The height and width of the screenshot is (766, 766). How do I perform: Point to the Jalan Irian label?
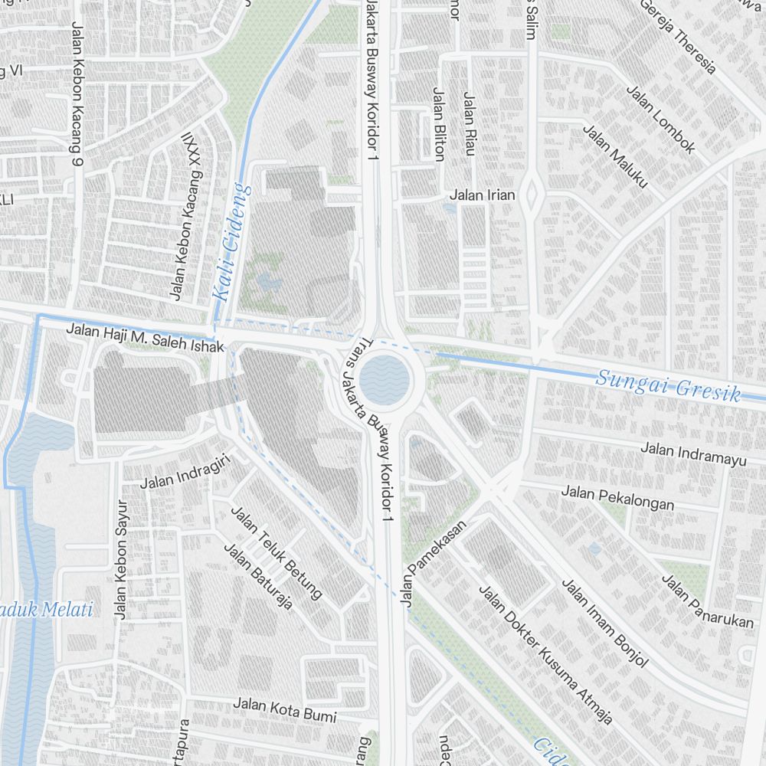point(482,195)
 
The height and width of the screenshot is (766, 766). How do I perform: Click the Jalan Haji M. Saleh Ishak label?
point(146,339)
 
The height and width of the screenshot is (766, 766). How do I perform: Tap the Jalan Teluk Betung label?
point(276,552)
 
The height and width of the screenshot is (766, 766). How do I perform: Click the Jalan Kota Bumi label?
point(285,710)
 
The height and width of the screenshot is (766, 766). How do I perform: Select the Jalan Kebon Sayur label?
point(120,560)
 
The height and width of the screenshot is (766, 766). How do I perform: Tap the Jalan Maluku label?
point(616,156)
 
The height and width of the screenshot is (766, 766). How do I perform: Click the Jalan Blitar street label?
point(438,125)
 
